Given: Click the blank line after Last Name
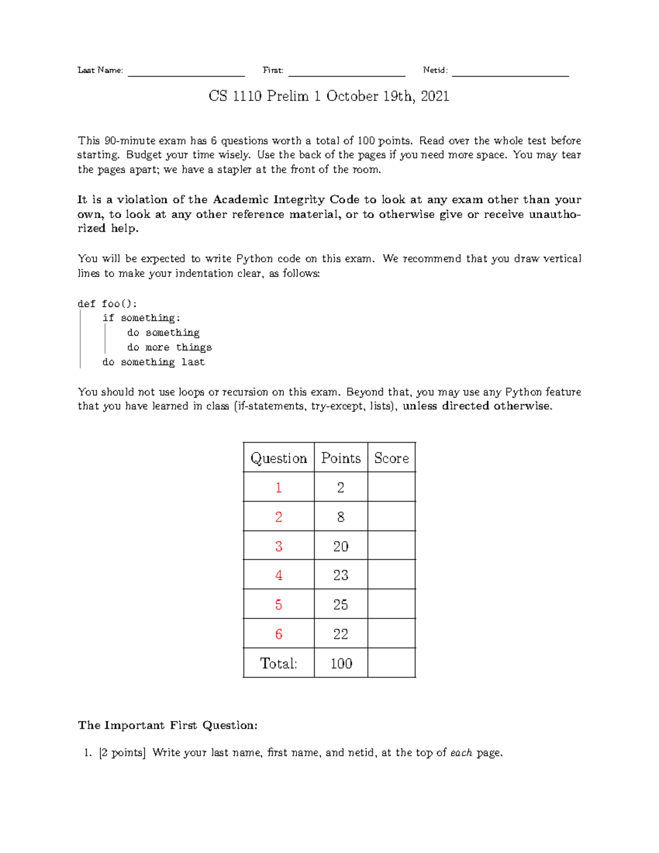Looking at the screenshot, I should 186,73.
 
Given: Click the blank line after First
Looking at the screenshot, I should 347,73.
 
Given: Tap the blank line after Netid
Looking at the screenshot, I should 510,73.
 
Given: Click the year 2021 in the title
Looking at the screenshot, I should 435,96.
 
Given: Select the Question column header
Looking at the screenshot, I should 278,458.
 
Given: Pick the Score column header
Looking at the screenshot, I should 392,458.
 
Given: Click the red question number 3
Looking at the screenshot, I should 278,546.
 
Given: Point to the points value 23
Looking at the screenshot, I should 340,575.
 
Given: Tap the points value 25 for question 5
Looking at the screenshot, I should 340,605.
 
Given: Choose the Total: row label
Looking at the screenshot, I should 278,664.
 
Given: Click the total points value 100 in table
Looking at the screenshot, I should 341,664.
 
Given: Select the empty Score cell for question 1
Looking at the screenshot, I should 392,487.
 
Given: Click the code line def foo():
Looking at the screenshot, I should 108,304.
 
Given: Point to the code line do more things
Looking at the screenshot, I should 169,347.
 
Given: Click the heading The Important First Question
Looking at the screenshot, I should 167,725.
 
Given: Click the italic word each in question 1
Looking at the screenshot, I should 461,752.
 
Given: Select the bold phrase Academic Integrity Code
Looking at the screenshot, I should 286,199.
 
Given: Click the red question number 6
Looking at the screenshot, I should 278,634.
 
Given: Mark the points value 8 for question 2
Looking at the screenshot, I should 340,517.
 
